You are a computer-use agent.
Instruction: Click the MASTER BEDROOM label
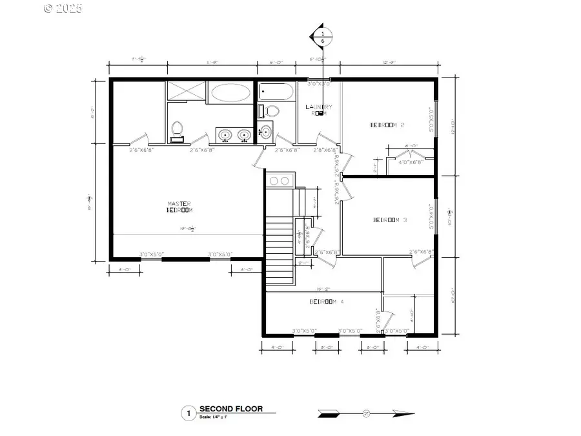pyautogui.click(x=179, y=207)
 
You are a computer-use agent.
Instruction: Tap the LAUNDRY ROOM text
pyautogui.click(x=319, y=110)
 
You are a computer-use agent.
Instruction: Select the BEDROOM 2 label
pyautogui.click(x=387, y=125)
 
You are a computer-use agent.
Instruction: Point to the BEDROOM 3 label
pyautogui.click(x=390, y=220)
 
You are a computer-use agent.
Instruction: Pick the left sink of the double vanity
pyautogui.click(x=225, y=135)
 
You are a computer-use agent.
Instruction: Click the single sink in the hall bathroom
pyautogui.click(x=264, y=132)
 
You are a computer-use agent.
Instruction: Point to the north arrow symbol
pyautogui.click(x=366, y=413)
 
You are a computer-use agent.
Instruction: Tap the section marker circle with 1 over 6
pyautogui.click(x=322, y=37)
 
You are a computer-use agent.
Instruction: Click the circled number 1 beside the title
pyautogui.click(x=189, y=413)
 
